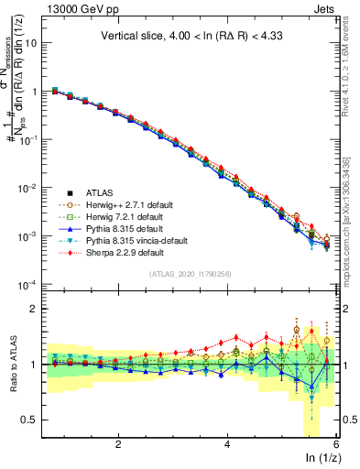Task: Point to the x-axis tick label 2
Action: (x=118, y=444)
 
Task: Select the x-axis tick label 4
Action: (x=227, y=444)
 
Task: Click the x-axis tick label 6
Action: (x=336, y=444)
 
